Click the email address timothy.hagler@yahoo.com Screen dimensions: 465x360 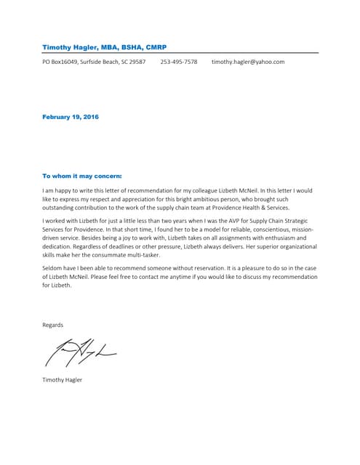tap(248, 62)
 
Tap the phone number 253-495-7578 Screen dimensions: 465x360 tap(179, 62)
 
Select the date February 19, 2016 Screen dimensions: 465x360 tap(71, 117)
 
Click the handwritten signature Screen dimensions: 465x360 tap(80, 352)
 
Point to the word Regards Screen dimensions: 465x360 tap(53, 325)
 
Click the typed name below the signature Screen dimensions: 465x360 tap(63, 380)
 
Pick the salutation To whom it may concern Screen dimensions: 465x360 tap(82, 176)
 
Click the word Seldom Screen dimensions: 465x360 tap(53, 269)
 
